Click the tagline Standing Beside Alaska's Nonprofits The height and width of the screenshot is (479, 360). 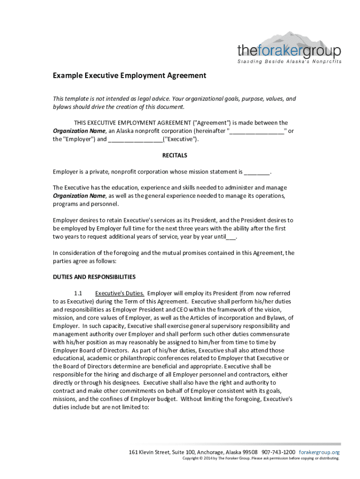click(289, 62)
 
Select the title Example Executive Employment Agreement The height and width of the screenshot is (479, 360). click(129, 75)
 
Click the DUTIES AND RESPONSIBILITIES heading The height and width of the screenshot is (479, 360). click(94, 277)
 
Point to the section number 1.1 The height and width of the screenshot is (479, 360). click(78, 293)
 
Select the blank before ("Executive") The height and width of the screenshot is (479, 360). click(136, 139)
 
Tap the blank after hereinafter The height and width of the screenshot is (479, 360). click(257, 131)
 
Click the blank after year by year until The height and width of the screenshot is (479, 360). click(231, 237)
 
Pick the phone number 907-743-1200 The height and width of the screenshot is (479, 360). click(278, 452)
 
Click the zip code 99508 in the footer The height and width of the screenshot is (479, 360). click(248, 452)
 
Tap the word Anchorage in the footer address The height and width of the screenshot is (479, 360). click(207, 452)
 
